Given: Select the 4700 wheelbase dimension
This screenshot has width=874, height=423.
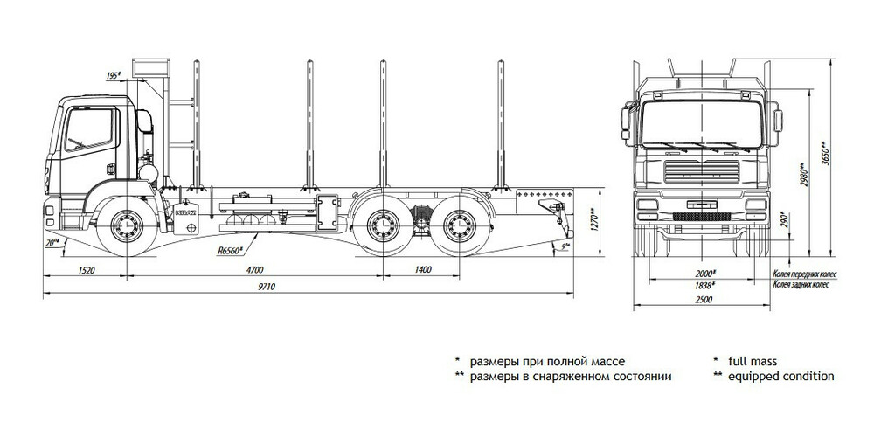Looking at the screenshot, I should coord(254,269).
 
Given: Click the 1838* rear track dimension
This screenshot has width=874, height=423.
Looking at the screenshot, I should coord(704,285).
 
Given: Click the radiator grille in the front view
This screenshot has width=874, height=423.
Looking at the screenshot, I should coord(700,170).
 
